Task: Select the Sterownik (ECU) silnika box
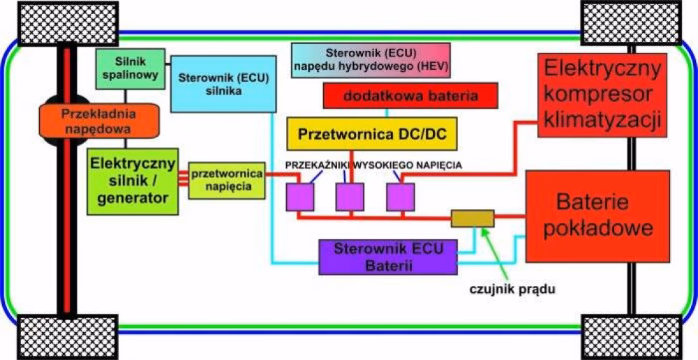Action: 220,84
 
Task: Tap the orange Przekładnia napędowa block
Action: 98,121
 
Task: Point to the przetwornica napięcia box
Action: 226,180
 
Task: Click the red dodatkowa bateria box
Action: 410,96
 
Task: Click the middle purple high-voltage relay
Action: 350,197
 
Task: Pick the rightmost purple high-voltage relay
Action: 401,197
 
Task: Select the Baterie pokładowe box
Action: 604,216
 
